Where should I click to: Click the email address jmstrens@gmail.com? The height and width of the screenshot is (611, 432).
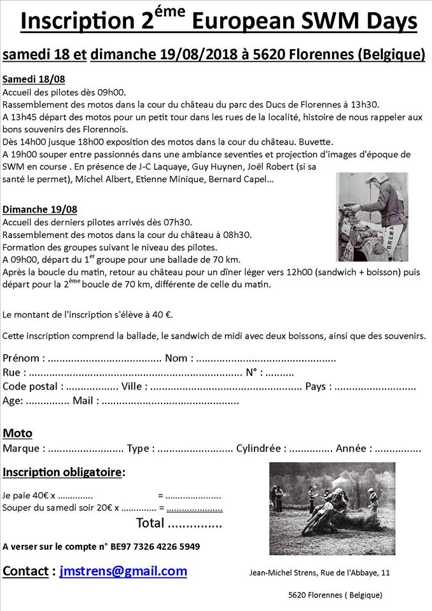[x=123, y=571]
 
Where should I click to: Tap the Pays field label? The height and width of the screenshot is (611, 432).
[x=318, y=386]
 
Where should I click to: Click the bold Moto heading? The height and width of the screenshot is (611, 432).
[x=17, y=433]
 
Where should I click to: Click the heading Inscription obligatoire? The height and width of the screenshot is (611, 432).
[x=64, y=472]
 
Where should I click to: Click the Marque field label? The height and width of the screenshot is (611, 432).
[x=24, y=448]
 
